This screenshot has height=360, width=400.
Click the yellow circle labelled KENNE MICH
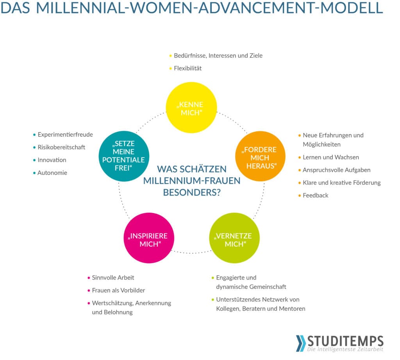(191, 107)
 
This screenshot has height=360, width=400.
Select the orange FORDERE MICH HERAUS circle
(260, 156)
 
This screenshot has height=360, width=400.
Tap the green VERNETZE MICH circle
(234, 238)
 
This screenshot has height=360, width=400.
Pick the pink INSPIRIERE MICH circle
(149, 238)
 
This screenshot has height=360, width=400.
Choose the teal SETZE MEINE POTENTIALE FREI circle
(124, 156)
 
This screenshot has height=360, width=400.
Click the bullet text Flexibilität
(188, 68)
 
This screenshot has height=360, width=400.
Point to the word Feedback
(316, 195)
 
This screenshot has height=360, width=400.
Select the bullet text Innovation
(52, 160)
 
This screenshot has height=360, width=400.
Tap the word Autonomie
(52, 173)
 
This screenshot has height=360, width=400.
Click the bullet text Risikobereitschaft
(61, 147)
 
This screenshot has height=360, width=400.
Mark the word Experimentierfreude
(65, 134)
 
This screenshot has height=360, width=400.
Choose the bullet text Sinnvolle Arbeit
(113, 278)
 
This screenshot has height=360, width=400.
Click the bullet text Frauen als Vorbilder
(118, 290)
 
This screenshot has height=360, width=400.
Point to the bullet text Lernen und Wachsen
(331, 157)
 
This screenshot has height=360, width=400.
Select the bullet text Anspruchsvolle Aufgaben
(336, 170)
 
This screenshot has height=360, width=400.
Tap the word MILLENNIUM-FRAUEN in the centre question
(192, 181)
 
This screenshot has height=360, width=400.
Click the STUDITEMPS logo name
(345, 341)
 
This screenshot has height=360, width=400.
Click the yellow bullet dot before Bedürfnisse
(170, 56)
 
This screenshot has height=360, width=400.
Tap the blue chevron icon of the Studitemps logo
(301, 343)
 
